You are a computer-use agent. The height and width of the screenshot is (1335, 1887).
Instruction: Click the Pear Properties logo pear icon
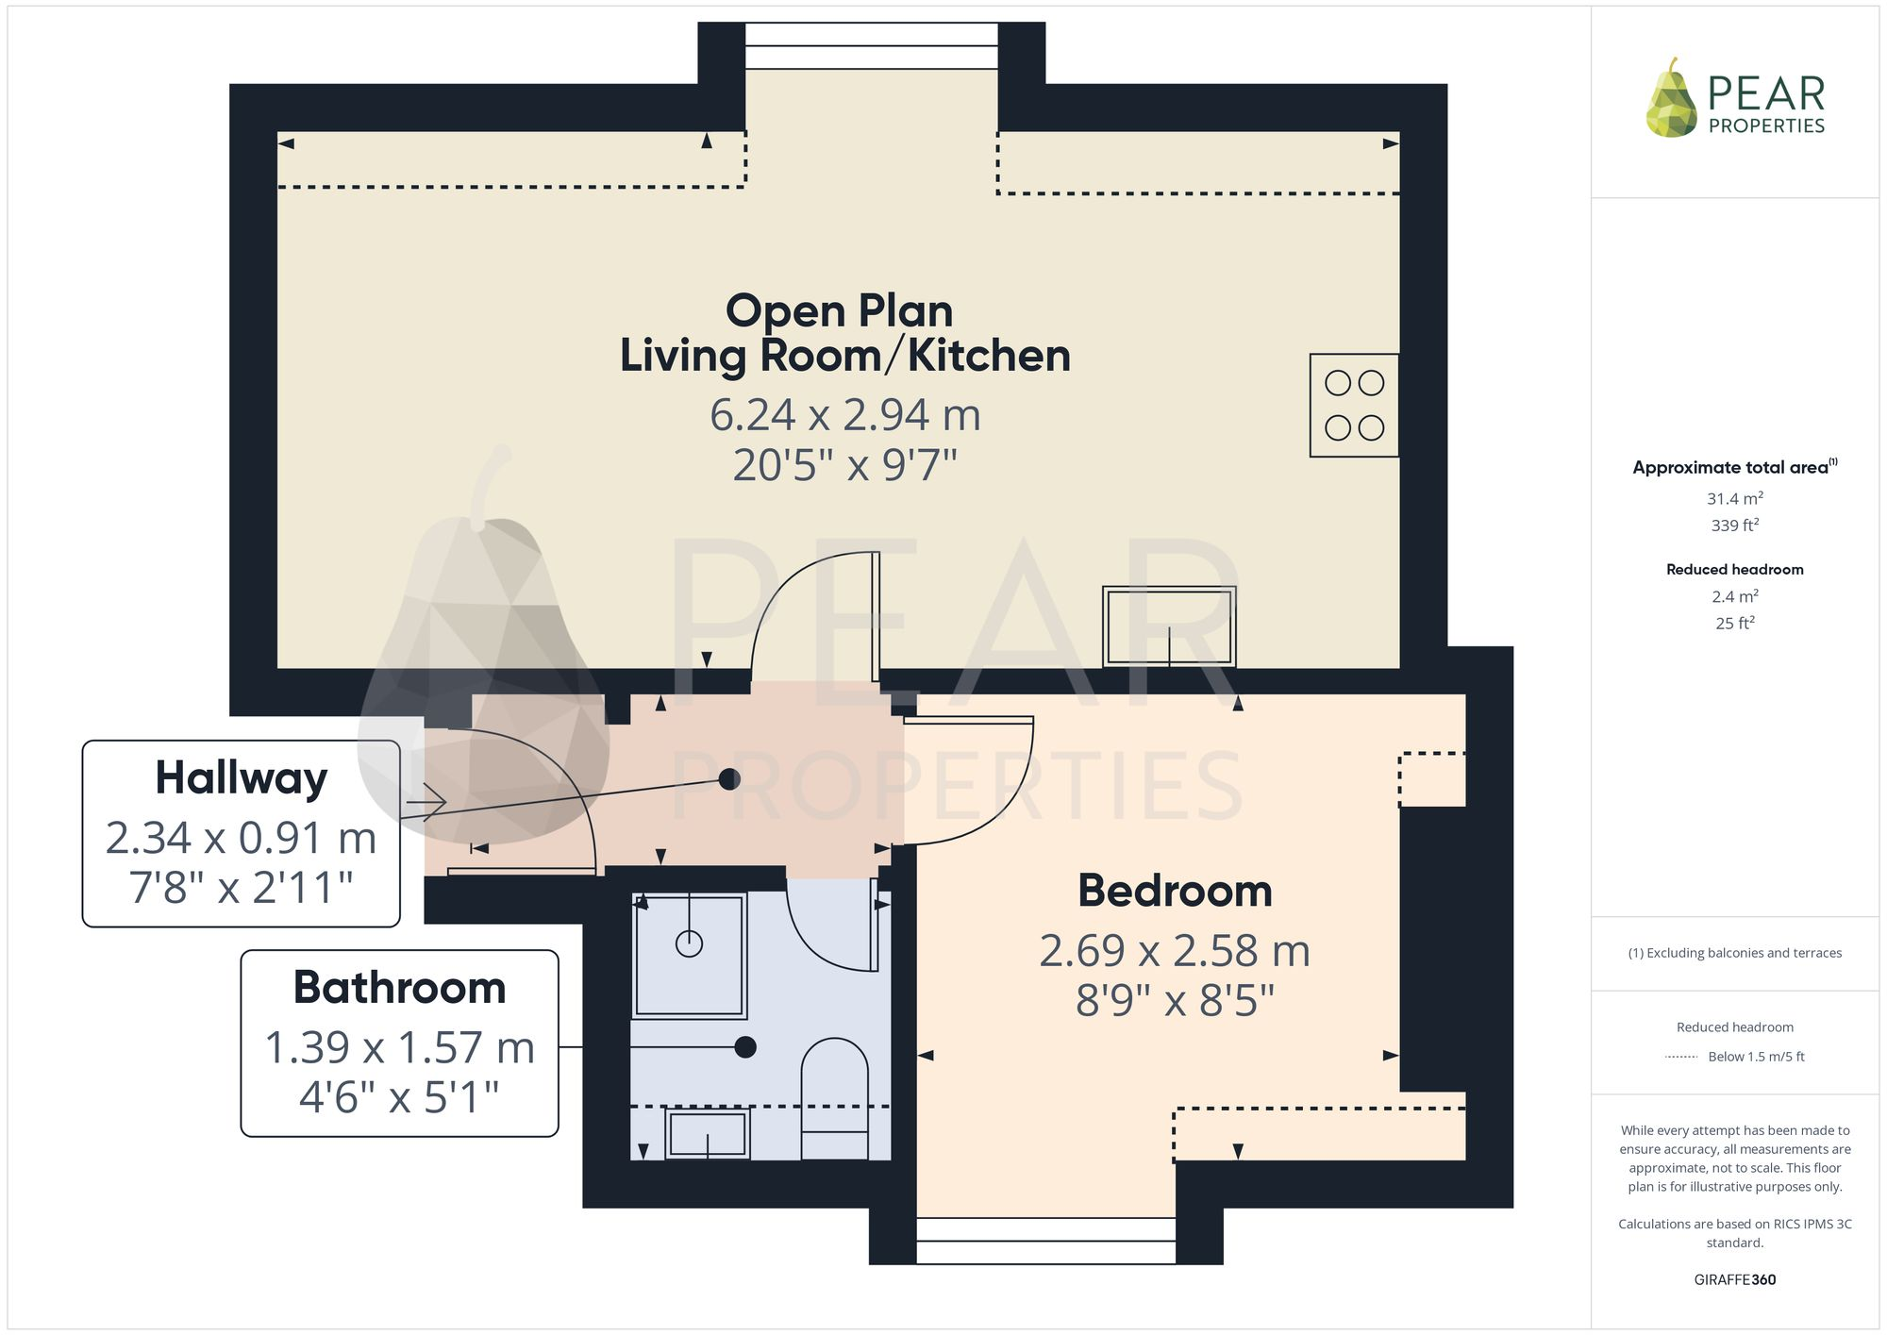(x=1671, y=99)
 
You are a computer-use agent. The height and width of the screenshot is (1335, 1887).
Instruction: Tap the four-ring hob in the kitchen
(x=1354, y=406)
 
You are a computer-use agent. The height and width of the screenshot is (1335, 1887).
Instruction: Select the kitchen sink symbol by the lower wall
(x=1169, y=626)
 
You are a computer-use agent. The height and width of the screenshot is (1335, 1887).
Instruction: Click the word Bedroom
(x=1175, y=891)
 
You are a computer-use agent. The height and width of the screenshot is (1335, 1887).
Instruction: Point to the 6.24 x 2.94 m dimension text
(x=844, y=415)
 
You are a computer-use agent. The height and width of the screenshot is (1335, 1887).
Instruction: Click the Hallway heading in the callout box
(x=242, y=778)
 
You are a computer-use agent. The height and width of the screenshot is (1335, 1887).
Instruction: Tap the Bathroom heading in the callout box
(x=399, y=988)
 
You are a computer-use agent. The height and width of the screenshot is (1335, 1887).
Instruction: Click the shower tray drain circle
(x=689, y=943)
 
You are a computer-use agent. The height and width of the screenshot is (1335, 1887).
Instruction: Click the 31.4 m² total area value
(x=1734, y=498)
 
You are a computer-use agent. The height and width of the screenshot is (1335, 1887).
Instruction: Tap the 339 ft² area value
(x=1734, y=526)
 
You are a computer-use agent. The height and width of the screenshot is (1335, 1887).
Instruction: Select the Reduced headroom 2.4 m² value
(x=1734, y=596)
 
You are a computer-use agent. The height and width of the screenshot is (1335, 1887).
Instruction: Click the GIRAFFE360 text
(x=1734, y=1280)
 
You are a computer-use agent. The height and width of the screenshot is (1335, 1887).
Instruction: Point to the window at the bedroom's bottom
(x=1045, y=1241)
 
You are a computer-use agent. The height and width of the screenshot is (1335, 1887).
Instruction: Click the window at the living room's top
(x=871, y=46)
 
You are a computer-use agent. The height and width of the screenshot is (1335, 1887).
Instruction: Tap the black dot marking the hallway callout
(x=729, y=779)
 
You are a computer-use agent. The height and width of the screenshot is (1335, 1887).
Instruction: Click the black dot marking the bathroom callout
(x=745, y=1046)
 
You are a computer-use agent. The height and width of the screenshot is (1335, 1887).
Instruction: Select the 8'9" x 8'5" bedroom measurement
(x=1175, y=1001)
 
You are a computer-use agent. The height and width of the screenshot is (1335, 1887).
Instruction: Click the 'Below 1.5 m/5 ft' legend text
(x=1755, y=1057)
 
